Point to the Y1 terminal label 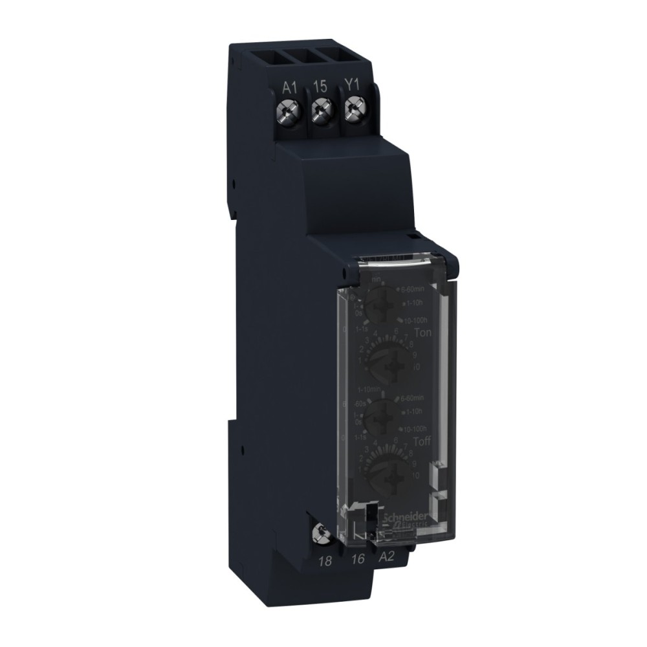[350, 85]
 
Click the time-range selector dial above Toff [382, 412]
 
